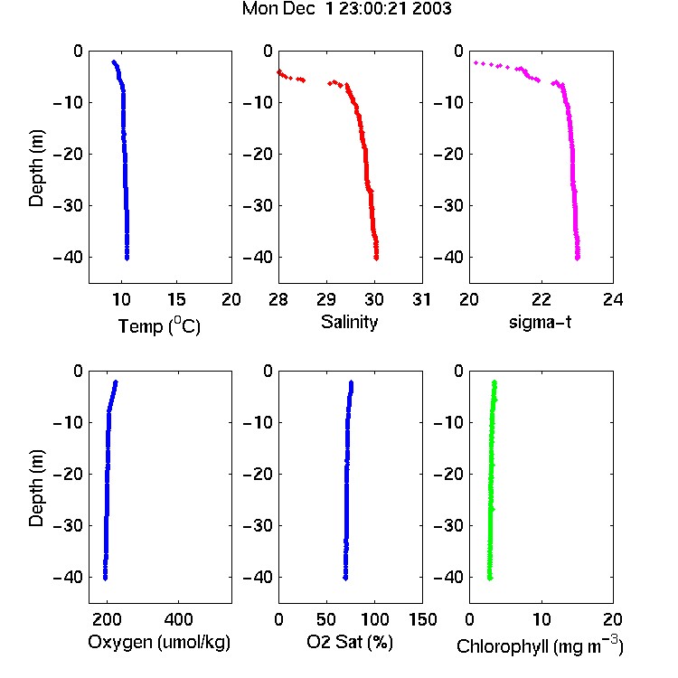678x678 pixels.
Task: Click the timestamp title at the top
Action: tap(346, 9)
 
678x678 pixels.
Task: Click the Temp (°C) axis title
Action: tap(159, 325)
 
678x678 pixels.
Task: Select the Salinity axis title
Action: tap(349, 322)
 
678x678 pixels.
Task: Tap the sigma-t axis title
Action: tap(540, 322)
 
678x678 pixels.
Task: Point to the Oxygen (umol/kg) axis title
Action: tap(159, 643)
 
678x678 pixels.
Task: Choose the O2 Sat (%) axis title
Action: tap(349, 642)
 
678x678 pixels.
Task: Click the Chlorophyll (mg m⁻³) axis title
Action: tap(540, 645)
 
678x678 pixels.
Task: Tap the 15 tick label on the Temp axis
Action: tap(176, 299)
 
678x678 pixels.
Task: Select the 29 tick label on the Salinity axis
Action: tap(326, 299)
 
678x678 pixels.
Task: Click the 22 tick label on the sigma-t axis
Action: tap(541, 299)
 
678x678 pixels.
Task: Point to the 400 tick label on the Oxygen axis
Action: tap(178, 619)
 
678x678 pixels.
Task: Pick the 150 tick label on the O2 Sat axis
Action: tap(422, 619)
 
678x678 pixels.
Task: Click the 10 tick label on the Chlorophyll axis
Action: tap(541, 619)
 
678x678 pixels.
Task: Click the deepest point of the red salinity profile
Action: tap(376, 259)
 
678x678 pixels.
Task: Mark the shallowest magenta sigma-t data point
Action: tap(476, 63)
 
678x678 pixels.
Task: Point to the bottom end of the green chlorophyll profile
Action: tap(490, 579)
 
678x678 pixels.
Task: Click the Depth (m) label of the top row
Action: tap(36, 168)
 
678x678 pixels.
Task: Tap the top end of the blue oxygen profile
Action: tap(116, 382)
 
